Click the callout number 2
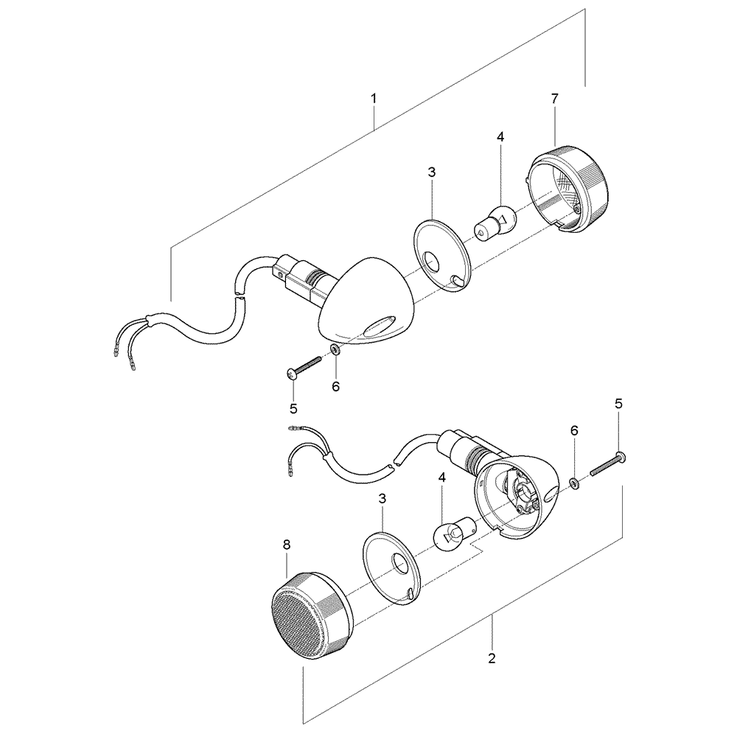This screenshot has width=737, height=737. click(x=492, y=657)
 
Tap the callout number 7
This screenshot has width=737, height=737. click(x=554, y=98)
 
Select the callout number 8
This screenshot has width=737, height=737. click(x=287, y=545)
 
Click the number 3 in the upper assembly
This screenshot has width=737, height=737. click(x=431, y=172)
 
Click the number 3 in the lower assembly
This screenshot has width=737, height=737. click(x=383, y=499)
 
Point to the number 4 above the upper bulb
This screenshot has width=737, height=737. click(x=500, y=137)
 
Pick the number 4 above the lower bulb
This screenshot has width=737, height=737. click(x=441, y=478)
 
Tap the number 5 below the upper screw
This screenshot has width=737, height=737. click(x=293, y=408)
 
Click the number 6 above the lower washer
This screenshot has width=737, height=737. click(x=574, y=430)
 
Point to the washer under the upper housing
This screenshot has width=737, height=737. click(x=335, y=349)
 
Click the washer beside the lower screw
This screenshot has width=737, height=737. click(x=574, y=484)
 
